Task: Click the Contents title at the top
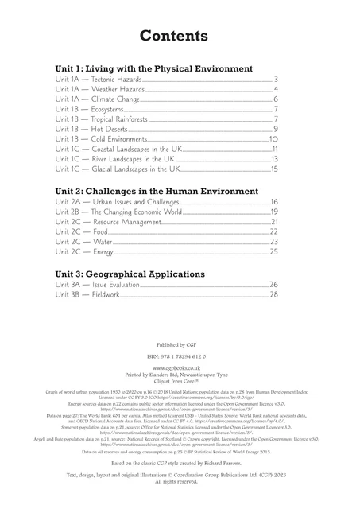tap(173, 36)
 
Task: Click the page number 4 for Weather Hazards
tap(275, 90)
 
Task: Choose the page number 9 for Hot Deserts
tap(275, 129)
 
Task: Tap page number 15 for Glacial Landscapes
tap(274, 169)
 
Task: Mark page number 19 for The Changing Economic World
tap(273, 212)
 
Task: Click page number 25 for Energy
tap(273, 252)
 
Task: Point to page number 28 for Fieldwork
tap(273, 295)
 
